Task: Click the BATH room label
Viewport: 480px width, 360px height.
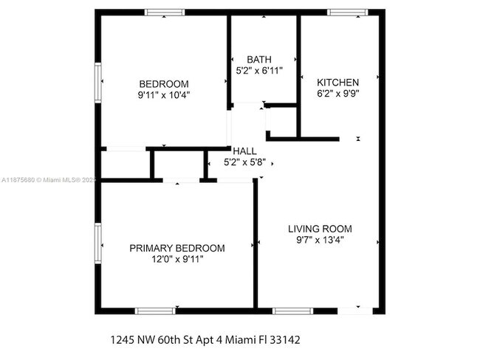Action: pyautogui.click(x=259, y=60)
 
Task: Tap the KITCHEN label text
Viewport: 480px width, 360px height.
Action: pyautogui.click(x=337, y=82)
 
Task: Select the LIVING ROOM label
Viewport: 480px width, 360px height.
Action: pyautogui.click(x=320, y=229)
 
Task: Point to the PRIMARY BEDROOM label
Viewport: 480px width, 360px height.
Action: pyautogui.click(x=177, y=248)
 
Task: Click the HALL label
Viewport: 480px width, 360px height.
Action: pyautogui.click(x=244, y=150)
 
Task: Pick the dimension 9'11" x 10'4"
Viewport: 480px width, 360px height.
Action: pyautogui.click(x=163, y=95)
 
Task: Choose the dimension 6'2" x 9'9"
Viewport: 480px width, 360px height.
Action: pyautogui.click(x=337, y=94)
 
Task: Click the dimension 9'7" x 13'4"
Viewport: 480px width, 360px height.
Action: pyautogui.click(x=320, y=240)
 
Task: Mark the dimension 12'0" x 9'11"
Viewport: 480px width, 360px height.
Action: pyautogui.click(x=177, y=259)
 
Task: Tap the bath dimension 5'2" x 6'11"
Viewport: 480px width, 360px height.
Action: pyautogui.click(x=259, y=71)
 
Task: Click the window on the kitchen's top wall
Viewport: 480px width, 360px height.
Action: pyautogui.click(x=347, y=12)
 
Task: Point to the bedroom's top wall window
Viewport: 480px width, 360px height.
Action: pyautogui.click(x=164, y=12)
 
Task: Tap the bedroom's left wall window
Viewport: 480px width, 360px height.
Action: pyautogui.click(x=97, y=80)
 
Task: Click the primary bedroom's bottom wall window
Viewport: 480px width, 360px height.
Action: pyautogui.click(x=155, y=311)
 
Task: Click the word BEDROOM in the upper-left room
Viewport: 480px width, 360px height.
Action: pyautogui.click(x=163, y=84)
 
